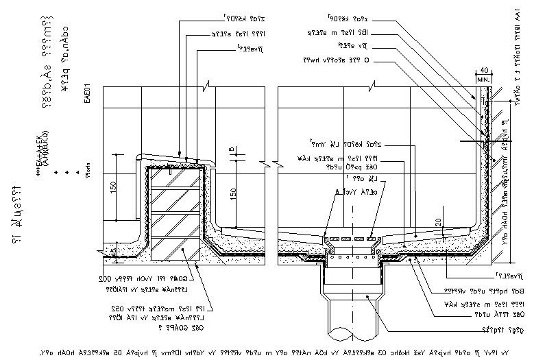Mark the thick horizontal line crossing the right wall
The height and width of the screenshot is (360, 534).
point(487,141)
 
